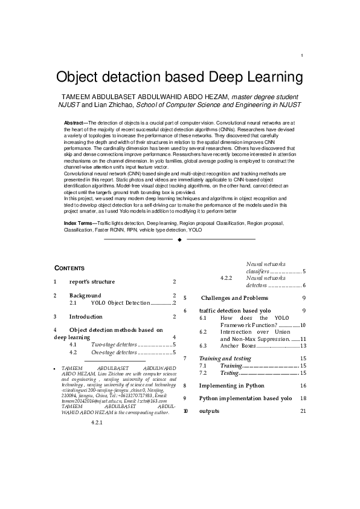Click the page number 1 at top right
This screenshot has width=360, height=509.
tap(300, 56)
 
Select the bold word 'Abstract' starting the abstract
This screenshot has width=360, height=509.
tap(75, 123)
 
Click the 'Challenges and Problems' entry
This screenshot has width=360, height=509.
tap(234, 298)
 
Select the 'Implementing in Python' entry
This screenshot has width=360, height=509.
tap(231, 385)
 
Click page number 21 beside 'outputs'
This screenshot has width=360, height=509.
tap(303, 412)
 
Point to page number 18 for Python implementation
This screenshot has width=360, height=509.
tap(303, 398)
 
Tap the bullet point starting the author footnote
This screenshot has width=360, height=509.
tap(55, 368)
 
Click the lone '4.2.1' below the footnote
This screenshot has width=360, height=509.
tap(97, 422)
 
